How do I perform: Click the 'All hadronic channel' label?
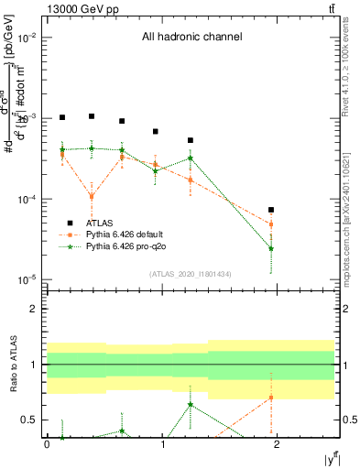(x=191, y=38)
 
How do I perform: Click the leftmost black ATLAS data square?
(x=62, y=117)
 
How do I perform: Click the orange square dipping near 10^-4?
(x=92, y=196)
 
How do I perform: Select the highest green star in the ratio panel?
(x=191, y=404)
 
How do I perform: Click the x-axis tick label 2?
(x=278, y=444)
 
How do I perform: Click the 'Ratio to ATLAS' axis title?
(x=12, y=364)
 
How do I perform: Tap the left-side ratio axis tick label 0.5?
(x=32, y=420)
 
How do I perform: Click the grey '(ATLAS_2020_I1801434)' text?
(x=191, y=274)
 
